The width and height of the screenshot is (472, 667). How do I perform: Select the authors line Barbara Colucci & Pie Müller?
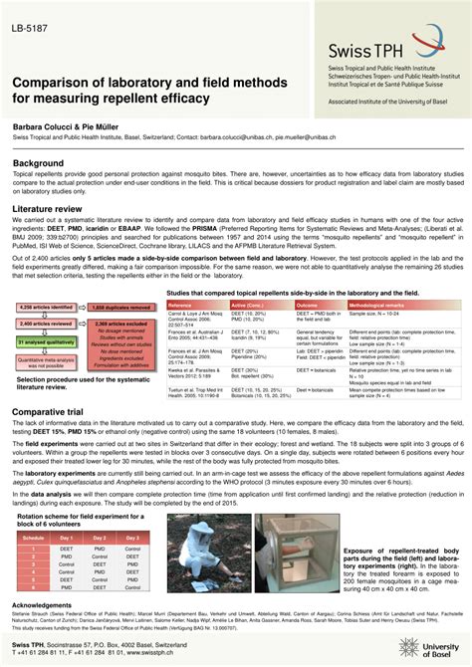[x=71, y=129]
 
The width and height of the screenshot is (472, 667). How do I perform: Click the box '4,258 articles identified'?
[x=41, y=309]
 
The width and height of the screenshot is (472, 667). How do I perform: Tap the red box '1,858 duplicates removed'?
[x=121, y=309]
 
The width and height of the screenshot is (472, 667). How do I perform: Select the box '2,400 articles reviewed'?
[x=41, y=325]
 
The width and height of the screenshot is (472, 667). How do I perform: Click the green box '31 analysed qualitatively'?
[x=41, y=341]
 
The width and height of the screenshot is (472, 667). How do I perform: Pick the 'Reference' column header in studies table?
[x=181, y=304]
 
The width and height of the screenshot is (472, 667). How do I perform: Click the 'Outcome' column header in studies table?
[x=309, y=304]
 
